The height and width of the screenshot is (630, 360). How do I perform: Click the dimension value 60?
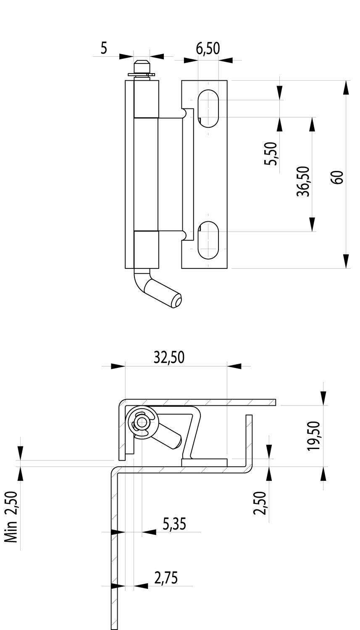(337, 177)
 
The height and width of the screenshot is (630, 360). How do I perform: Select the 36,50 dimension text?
(303, 181)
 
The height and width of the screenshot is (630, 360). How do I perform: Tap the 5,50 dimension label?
(271, 154)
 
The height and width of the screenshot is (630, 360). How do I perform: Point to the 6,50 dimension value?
(208, 48)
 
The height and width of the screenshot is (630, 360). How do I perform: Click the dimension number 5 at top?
(103, 48)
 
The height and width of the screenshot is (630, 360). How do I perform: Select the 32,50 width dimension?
(169, 357)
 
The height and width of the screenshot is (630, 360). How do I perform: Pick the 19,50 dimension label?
(314, 436)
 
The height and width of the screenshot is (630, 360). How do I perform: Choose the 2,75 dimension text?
(166, 578)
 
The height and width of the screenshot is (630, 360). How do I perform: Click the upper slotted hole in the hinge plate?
(208, 108)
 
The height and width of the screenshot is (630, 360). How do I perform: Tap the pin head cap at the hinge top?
(142, 68)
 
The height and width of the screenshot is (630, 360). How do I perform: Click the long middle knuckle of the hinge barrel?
(146, 174)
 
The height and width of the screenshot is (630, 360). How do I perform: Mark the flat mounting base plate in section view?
(204, 462)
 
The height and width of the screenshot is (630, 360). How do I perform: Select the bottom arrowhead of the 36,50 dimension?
(312, 224)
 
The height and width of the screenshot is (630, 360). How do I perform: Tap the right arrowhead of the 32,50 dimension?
(234, 366)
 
